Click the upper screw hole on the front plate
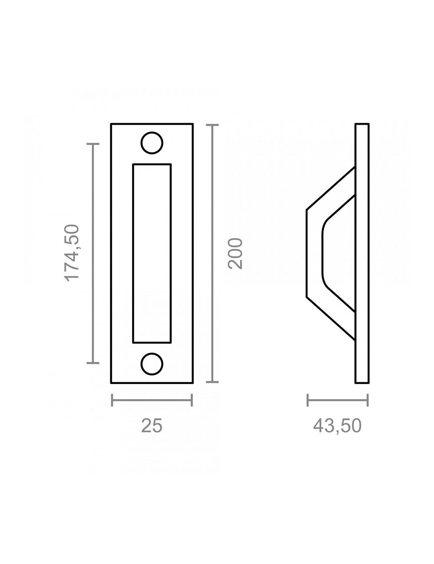[152, 143]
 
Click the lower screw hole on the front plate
[152, 364]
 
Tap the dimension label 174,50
[72, 253]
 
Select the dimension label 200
[236, 253]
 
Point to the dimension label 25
[152, 426]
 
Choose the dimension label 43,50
[337, 426]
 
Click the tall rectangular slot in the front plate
[152, 253]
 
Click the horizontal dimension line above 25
[152, 400]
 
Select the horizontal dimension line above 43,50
[337, 400]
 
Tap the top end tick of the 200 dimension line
[212, 125]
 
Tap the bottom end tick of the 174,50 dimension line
[93, 362]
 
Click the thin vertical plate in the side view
[362, 253]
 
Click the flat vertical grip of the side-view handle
[314, 253]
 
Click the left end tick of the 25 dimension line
[112, 400]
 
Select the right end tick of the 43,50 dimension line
[368, 400]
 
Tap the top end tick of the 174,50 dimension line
[93, 144]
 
